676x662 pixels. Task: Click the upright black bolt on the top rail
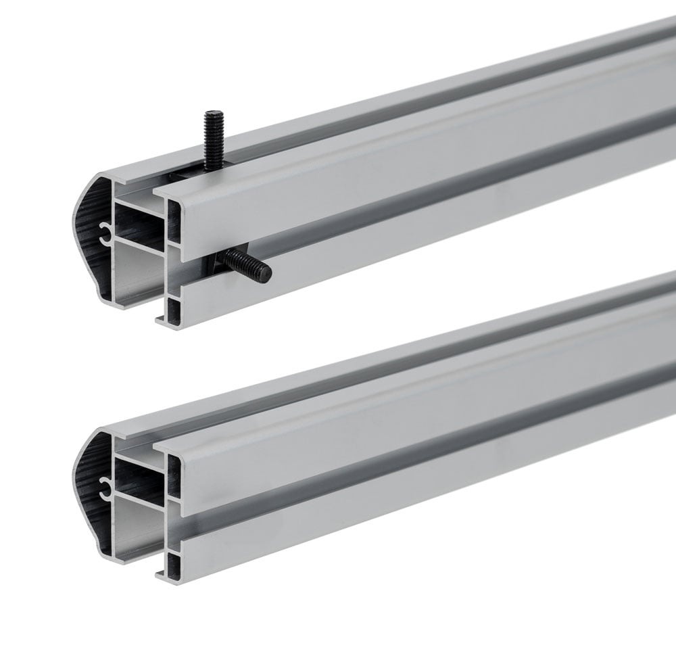click(x=213, y=139)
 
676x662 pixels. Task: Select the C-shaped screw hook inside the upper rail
click(x=104, y=233)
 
